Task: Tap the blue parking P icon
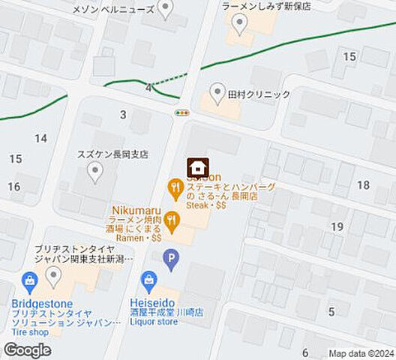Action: pos(171,260)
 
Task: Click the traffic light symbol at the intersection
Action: pos(181,112)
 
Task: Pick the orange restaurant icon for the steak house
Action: pos(175,187)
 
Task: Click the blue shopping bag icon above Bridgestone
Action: pos(30,283)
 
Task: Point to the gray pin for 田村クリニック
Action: pos(217,93)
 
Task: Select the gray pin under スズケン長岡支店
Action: pos(94,173)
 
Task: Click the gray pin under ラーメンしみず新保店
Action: pos(239,26)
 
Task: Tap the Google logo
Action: pos(27,350)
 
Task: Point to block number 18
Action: pos(363,185)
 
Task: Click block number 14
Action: pos(40,138)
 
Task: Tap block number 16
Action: pos(13,187)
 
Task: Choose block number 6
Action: pos(305,352)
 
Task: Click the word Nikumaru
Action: pos(133,210)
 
